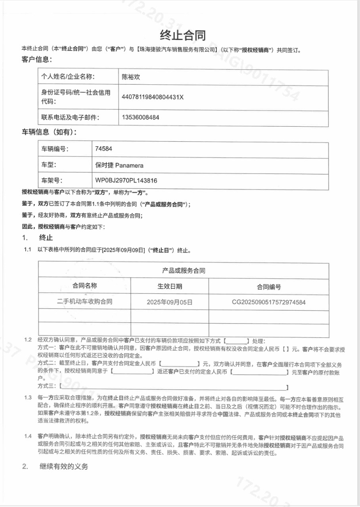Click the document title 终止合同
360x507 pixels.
pyautogui.click(x=183, y=35)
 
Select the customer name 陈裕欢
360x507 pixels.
pyautogui.click(x=131, y=77)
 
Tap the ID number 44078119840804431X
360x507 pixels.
pyautogui.click(x=153, y=97)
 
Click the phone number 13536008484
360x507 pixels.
pyautogui.click(x=141, y=117)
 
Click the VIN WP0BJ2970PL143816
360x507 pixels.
pyautogui.click(x=126, y=181)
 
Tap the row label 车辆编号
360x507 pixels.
pyautogui.click(x=55, y=149)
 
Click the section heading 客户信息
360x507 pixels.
pyautogui.click(x=36, y=59)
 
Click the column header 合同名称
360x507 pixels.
pyautogui.click(x=85, y=286)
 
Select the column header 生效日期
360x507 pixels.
pyautogui.click(x=170, y=286)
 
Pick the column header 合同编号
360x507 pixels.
pyautogui.click(x=269, y=287)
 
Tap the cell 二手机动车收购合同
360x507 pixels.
pyautogui.click(x=85, y=302)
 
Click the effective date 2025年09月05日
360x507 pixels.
pyautogui.click(x=170, y=302)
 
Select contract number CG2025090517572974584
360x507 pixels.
pyautogui.click(x=269, y=302)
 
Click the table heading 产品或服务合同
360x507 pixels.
pyautogui.click(x=183, y=271)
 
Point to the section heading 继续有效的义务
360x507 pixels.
pyautogui.click(x=63, y=467)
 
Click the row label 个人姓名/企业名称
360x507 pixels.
pyautogui.click(x=68, y=77)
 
